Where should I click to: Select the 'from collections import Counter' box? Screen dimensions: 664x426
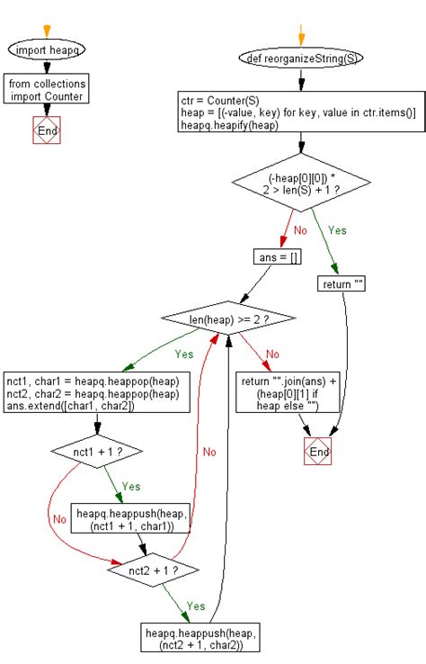pyautogui.click(x=47, y=91)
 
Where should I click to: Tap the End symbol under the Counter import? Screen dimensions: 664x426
pyautogui.click(x=47, y=131)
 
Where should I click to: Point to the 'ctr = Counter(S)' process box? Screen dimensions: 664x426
pyautogui.click(x=301, y=112)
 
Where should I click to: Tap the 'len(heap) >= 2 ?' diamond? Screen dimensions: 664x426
pyautogui.click(x=230, y=319)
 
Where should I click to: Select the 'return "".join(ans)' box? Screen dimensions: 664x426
pyautogui.click(x=278, y=393)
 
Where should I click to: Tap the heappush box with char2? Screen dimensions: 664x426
pyautogui.click(x=195, y=638)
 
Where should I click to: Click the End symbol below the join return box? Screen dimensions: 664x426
pyautogui.click(x=318, y=452)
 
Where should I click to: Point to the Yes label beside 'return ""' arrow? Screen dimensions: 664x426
pyautogui.click(x=337, y=230)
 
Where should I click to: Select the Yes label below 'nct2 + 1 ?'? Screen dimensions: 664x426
pyautogui.click(x=195, y=606)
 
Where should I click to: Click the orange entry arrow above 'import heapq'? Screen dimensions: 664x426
pyautogui.click(x=47, y=31)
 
